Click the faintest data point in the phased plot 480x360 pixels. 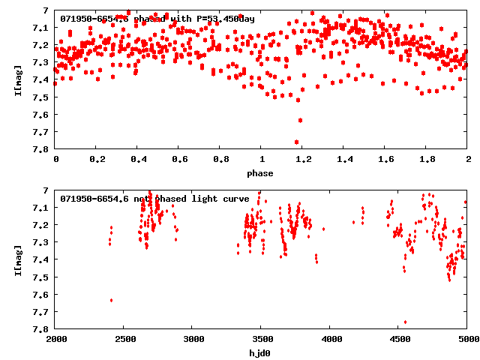296,142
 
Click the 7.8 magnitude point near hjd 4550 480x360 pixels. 405,322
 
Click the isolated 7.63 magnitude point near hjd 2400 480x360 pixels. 111,300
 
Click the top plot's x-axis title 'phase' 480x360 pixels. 261,173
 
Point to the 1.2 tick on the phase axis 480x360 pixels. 303,160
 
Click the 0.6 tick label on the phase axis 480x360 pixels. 179,160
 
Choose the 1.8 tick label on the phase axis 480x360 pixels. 427,160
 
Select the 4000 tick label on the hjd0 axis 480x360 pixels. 330,338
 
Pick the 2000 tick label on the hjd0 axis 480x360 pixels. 55,338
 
